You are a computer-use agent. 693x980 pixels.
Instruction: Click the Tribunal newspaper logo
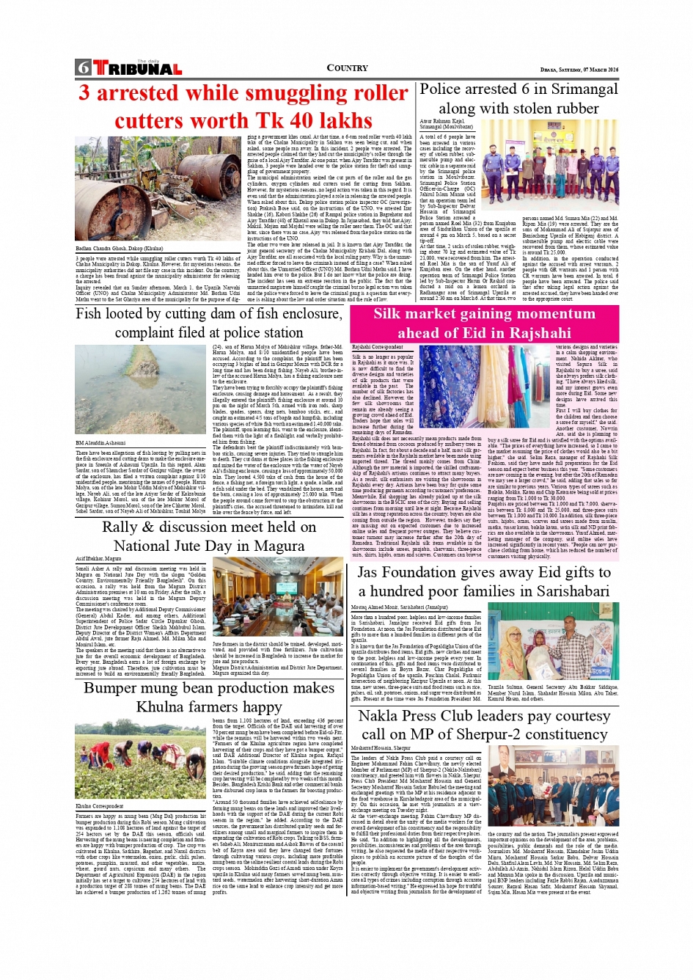click(128, 68)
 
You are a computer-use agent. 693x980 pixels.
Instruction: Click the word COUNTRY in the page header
click(347, 68)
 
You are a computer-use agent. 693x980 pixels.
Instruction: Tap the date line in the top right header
click(579, 70)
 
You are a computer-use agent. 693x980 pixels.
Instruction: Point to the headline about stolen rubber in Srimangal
click(518, 98)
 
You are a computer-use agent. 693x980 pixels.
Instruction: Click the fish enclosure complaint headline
click(209, 323)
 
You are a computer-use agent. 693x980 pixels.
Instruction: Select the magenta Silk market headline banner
click(484, 323)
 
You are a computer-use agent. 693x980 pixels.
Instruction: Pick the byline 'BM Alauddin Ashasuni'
click(100, 443)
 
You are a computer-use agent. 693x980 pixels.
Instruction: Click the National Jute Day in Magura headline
click(209, 536)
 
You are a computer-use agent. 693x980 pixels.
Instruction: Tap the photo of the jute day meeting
click(277, 596)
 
